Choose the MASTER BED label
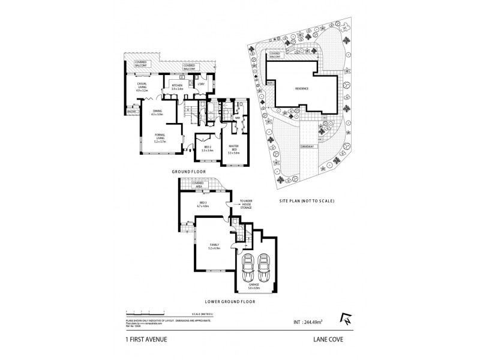234,148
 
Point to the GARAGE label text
255,287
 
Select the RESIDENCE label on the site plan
301,89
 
